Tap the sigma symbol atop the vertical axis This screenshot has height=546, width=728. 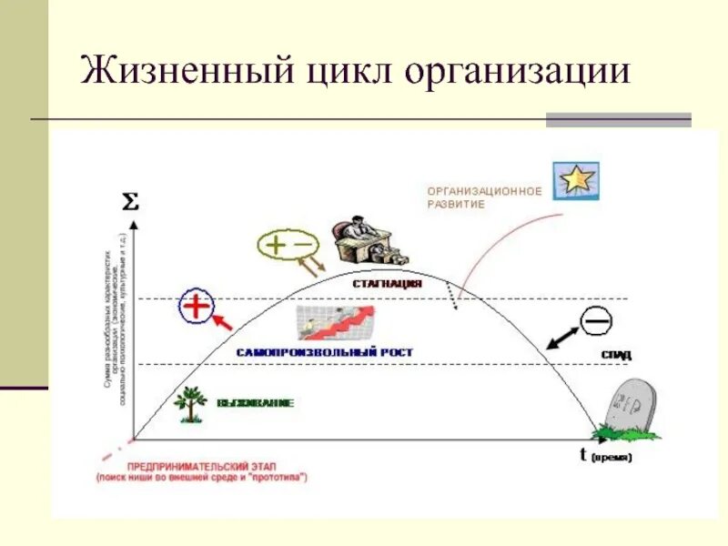pos(131,202)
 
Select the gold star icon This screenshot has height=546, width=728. pos(576,180)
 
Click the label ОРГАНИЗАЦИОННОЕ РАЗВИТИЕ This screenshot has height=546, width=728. pos(484,197)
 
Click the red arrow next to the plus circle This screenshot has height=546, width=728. pos(223,321)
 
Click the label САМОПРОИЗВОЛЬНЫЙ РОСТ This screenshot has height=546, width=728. pos(325,351)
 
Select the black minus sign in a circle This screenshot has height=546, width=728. pos(596,320)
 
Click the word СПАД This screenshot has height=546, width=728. pos(616,353)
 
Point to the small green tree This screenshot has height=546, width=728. pos(190,402)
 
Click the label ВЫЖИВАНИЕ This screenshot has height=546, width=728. pos(256,402)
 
